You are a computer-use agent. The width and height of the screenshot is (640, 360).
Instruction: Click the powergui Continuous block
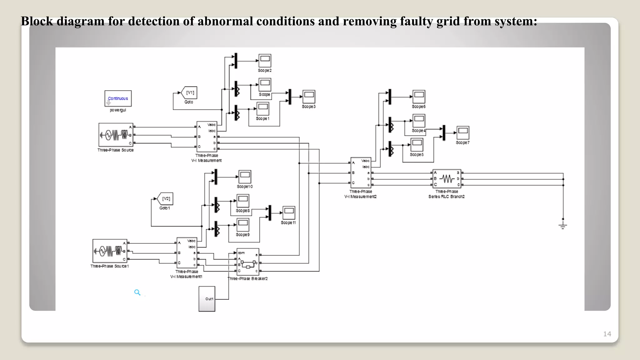tap(118, 98)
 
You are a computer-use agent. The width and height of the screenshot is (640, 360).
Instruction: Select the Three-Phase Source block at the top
tap(116, 135)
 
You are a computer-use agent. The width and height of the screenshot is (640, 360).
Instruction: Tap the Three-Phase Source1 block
tap(110, 251)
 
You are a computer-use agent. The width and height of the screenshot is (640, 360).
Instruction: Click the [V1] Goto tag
tap(190, 93)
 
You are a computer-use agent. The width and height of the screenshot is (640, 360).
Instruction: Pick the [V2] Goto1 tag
tap(166, 199)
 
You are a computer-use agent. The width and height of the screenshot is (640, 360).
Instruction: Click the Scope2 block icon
tap(265, 60)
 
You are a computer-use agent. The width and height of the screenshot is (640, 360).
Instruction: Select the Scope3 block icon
tap(309, 97)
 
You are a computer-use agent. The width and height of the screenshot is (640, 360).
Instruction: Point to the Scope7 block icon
tap(463, 132)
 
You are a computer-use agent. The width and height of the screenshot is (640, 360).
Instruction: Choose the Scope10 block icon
tap(245, 177)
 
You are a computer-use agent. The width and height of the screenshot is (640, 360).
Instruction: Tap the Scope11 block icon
tap(289, 213)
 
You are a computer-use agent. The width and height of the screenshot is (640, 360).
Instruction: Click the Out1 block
tap(207, 299)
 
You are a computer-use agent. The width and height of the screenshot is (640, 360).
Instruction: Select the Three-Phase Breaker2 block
tap(248, 262)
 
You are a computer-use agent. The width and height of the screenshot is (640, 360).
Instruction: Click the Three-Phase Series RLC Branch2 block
tap(447, 179)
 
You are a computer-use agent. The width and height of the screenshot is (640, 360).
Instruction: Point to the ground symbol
tap(563, 225)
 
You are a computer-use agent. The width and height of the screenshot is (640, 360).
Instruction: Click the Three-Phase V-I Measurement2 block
tap(361, 172)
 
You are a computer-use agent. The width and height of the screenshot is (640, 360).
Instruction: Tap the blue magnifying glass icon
tap(137, 292)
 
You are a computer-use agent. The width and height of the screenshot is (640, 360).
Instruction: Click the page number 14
tap(607, 334)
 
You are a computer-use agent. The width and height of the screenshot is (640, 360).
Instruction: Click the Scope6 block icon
tap(419, 97)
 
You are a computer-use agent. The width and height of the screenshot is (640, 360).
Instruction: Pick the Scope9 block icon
tap(243, 225)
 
